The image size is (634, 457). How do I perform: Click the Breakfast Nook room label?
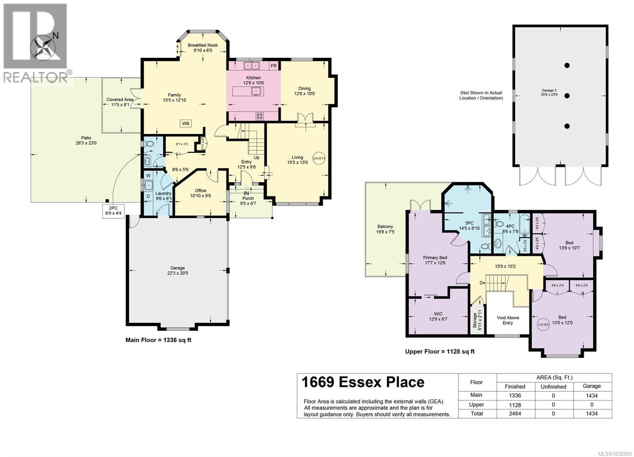click(203, 48)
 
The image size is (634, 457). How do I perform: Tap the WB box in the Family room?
click(185, 123)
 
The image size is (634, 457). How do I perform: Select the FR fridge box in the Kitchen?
click(273, 66)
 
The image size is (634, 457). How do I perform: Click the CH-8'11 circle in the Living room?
click(319, 158)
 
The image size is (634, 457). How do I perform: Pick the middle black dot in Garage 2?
click(567, 96)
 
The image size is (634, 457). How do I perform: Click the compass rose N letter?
click(55, 36)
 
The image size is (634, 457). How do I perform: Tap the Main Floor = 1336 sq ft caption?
click(158, 339)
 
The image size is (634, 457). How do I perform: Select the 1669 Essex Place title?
click(363, 382)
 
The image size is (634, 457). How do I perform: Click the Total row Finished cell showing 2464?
click(515, 413)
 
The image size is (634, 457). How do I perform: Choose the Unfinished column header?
click(553, 387)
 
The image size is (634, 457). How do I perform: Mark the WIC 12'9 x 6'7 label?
click(438, 317)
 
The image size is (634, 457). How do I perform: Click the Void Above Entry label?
click(508, 320)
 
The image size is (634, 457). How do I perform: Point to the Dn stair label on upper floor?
click(482, 283)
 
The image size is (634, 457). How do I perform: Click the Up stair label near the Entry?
click(256, 157)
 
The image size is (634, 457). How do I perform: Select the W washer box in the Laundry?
click(148, 175)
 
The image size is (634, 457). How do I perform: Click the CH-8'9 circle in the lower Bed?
click(543, 324)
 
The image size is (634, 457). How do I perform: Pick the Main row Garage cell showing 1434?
click(592, 395)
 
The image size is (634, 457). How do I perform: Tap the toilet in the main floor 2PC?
click(149, 144)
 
